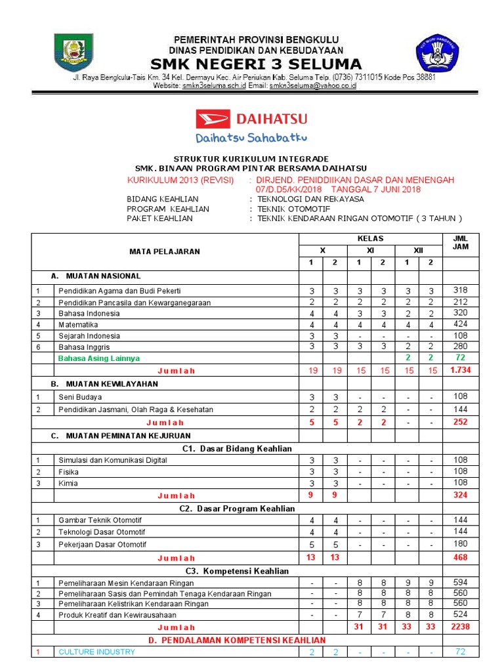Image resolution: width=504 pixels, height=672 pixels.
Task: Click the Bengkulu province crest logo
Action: [73, 54]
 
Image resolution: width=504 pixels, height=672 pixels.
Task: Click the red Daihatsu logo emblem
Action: [214, 119]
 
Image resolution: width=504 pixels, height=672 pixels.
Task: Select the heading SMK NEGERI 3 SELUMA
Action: [256, 64]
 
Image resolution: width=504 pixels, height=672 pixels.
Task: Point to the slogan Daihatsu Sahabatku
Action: [251, 138]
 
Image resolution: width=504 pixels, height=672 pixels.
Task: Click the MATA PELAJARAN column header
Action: [165, 251]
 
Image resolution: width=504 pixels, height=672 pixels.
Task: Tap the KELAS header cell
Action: [370, 238]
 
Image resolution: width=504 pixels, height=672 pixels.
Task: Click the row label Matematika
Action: [78, 324]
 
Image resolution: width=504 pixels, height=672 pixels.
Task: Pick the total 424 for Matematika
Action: [460, 324]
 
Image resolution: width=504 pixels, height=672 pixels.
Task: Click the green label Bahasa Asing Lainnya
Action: [99, 358]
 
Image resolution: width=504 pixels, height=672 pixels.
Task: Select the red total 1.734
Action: [460, 370]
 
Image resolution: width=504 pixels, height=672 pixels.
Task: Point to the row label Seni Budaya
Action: [80, 397]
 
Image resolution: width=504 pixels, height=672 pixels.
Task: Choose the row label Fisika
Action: [68, 471]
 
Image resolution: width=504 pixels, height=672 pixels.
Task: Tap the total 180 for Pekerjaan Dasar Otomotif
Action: [460, 544]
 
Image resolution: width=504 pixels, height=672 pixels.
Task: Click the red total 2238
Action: [460, 627]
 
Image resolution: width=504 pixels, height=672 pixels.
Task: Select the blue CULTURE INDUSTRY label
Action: [97, 652]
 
